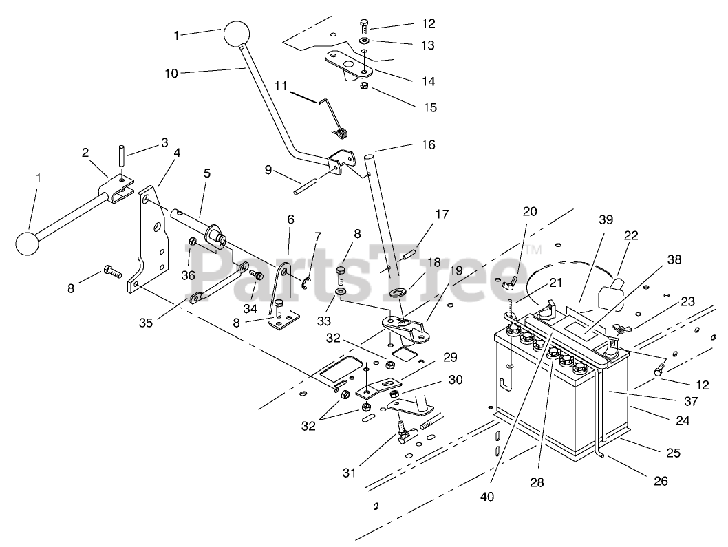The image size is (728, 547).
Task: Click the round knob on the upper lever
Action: [237, 34]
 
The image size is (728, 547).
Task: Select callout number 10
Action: [171, 73]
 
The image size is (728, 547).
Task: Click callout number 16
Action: [429, 145]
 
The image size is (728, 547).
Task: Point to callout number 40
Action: [487, 496]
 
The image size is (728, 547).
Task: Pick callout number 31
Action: [349, 473]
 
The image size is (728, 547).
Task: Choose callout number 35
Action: [146, 323]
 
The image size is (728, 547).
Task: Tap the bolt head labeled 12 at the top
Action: [364, 25]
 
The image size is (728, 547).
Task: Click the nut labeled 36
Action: [193, 242]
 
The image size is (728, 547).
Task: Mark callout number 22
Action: [631, 235]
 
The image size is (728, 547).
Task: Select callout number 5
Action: [207, 173]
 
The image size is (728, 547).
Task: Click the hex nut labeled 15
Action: [365, 86]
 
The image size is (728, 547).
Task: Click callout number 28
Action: [537, 482]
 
